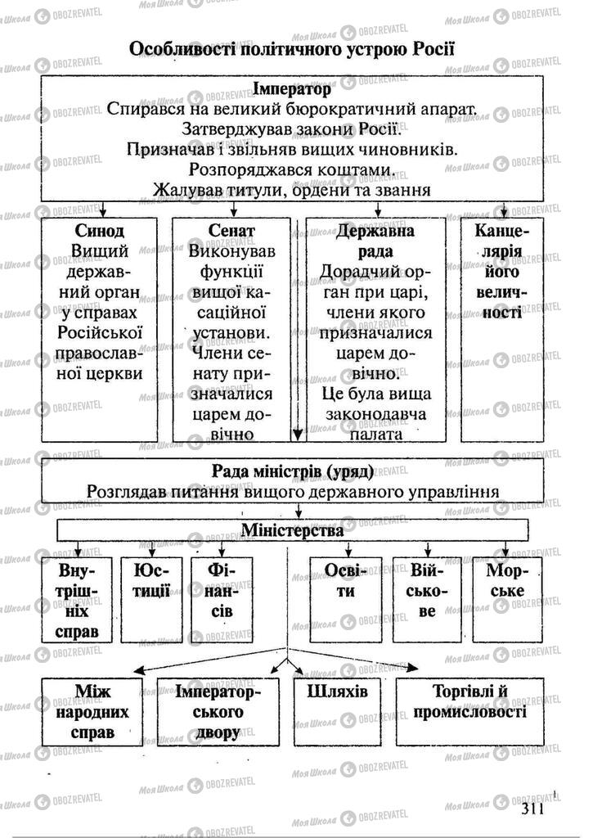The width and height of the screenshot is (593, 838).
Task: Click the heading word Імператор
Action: click(x=292, y=88)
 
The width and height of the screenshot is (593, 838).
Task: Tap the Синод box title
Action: click(x=99, y=231)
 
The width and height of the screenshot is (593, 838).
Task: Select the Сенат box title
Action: click(x=231, y=231)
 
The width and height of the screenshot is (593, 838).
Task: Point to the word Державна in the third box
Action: click(x=375, y=231)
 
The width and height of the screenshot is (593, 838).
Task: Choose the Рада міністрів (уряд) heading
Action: click(x=293, y=471)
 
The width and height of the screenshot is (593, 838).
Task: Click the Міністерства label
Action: click(x=292, y=529)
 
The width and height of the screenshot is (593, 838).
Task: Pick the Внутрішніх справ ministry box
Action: click(x=79, y=600)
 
